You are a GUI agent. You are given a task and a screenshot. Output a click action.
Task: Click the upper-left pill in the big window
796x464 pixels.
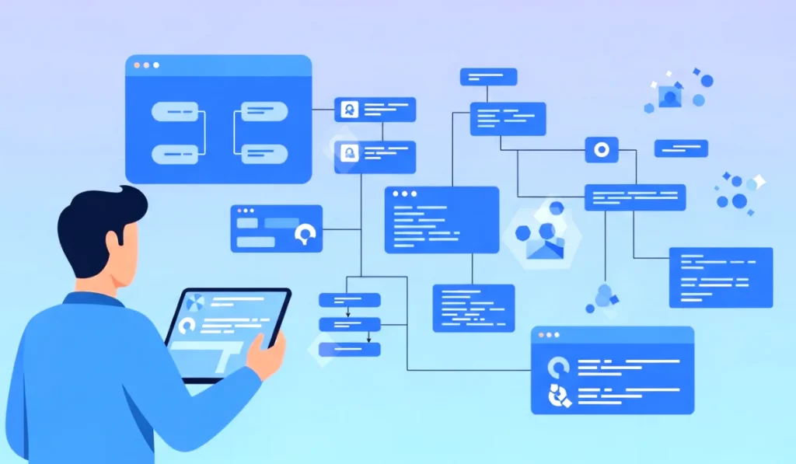pos(176,113)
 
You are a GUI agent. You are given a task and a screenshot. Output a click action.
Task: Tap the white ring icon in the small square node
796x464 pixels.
pos(601,149)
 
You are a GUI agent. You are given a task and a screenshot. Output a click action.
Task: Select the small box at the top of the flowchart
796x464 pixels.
pos(488,77)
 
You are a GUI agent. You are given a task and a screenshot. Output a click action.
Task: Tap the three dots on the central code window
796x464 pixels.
pos(403,194)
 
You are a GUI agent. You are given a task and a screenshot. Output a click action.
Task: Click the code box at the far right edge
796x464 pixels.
pos(721,277)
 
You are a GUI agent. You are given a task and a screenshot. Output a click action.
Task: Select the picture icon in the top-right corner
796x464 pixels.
pos(669,96)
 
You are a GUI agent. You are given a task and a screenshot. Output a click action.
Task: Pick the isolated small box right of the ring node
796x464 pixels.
pos(681,148)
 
